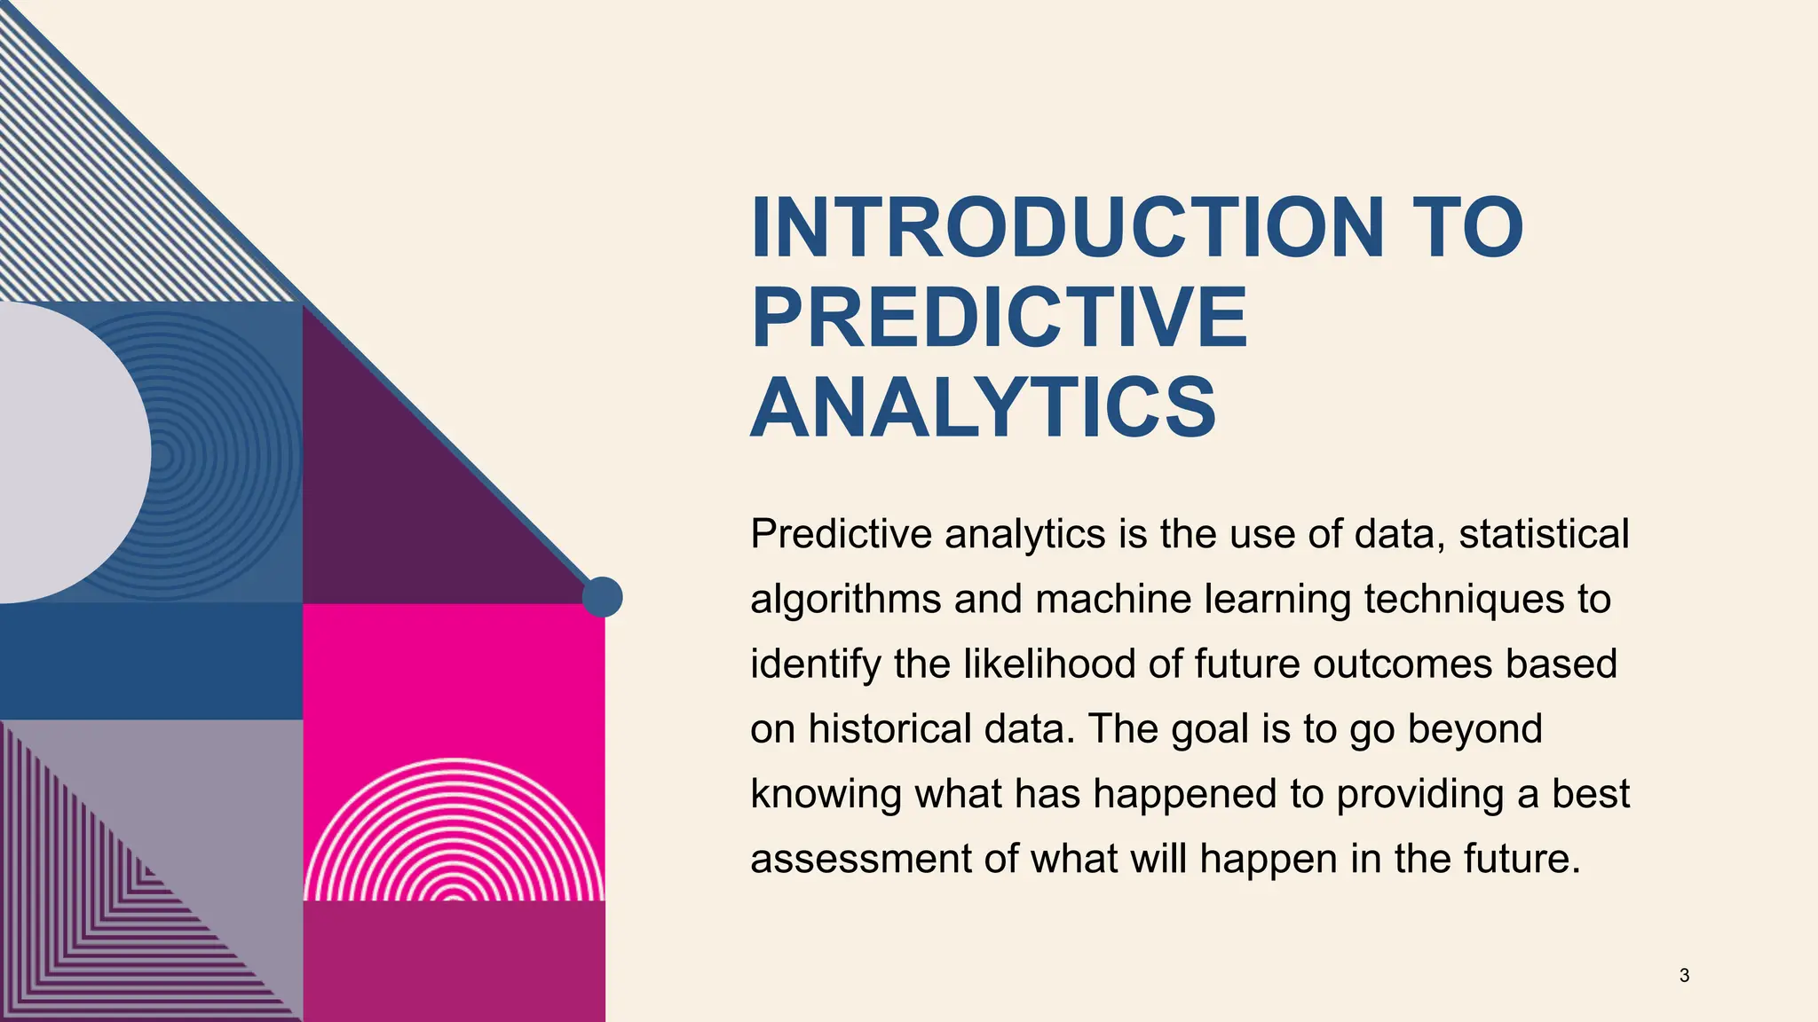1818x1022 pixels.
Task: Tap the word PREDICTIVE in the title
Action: [1000, 318]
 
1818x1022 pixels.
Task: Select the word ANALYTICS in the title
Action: [983, 408]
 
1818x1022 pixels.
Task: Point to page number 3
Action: [1684, 976]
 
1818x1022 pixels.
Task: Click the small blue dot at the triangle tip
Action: [603, 597]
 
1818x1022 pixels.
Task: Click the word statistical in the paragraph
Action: [1544, 534]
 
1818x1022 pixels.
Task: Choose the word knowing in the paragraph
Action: [826, 794]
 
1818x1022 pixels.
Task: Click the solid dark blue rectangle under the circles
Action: [151, 661]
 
